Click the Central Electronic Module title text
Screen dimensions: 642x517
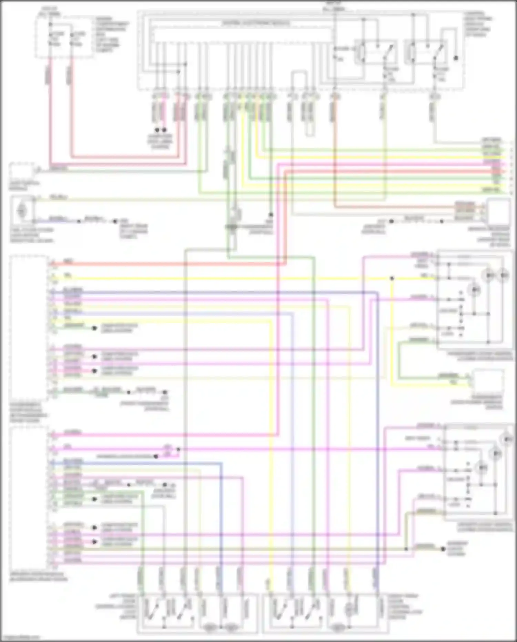pyautogui.click(x=255, y=23)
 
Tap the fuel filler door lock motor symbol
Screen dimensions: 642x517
pyautogui.click(x=22, y=210)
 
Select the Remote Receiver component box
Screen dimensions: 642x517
pyautogui.click(x=498, y=211)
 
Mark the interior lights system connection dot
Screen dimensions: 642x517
pyautogui.click(x=443, y=549)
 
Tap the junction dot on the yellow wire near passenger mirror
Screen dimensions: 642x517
pyautogui.click(x=392, y=278)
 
